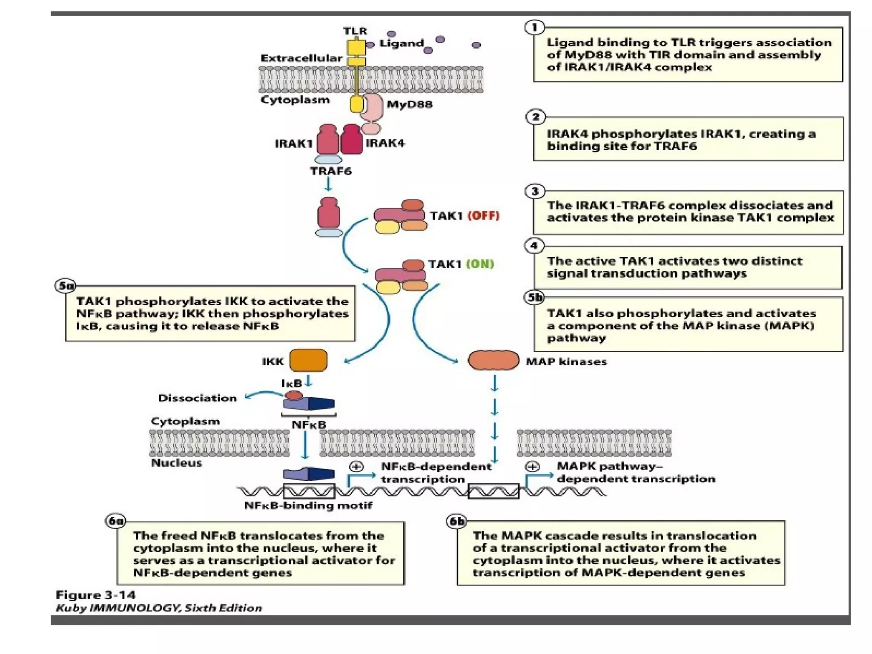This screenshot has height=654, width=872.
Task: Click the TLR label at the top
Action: (355, 31)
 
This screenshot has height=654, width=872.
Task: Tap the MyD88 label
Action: (409, 104)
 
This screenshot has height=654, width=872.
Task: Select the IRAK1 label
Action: (294, 143)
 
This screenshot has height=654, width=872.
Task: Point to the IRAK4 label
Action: (385, 143)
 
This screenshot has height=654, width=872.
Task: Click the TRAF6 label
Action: (331, 171)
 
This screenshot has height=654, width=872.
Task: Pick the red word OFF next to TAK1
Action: (483, 215)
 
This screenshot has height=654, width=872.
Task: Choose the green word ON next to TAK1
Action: (480, 264)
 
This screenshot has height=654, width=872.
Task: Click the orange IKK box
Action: (308, 360)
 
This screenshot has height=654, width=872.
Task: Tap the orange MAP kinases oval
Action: (493, 360)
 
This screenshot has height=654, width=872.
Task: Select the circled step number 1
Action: (535, 28)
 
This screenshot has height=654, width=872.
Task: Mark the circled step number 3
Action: (535, 191)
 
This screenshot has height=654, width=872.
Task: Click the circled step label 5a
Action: (66, 286)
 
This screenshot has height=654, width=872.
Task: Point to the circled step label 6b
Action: (456, 521)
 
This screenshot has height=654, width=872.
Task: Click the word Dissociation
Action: (197, 398)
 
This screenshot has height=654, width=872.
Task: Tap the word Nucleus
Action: (176, 463)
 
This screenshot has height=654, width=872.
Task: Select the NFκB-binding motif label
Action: (308, 505)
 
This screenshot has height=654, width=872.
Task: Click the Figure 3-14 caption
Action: (96, 595)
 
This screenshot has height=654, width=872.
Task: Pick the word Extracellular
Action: (301, 58)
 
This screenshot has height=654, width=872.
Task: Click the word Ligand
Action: (402, 43)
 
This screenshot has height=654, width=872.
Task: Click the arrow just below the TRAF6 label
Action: (328, 184)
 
